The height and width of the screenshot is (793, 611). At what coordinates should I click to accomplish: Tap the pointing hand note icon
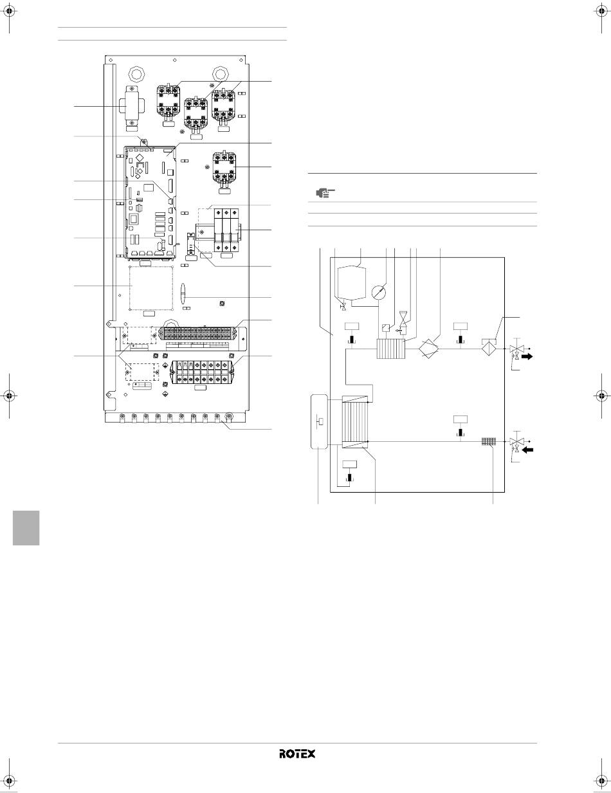[324, 192]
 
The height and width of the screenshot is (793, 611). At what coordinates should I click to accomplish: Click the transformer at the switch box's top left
[130, 108]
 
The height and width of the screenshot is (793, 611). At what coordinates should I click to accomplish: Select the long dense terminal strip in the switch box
[197, 333]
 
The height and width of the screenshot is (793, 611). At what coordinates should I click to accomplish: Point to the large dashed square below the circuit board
[151, 288]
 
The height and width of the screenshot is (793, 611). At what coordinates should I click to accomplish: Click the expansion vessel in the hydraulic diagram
[352, 283]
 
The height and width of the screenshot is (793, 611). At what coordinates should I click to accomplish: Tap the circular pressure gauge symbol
[379, 292]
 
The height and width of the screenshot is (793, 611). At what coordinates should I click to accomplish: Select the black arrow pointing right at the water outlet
[527, 357]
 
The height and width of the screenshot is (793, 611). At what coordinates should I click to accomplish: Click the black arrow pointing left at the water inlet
[528, 450]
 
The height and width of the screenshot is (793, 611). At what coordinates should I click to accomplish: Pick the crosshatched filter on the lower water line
[489, 442]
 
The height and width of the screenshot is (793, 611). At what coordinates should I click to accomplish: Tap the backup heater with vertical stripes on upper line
[391, 349]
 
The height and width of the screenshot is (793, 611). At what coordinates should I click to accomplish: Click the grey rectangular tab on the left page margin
[26, 527]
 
